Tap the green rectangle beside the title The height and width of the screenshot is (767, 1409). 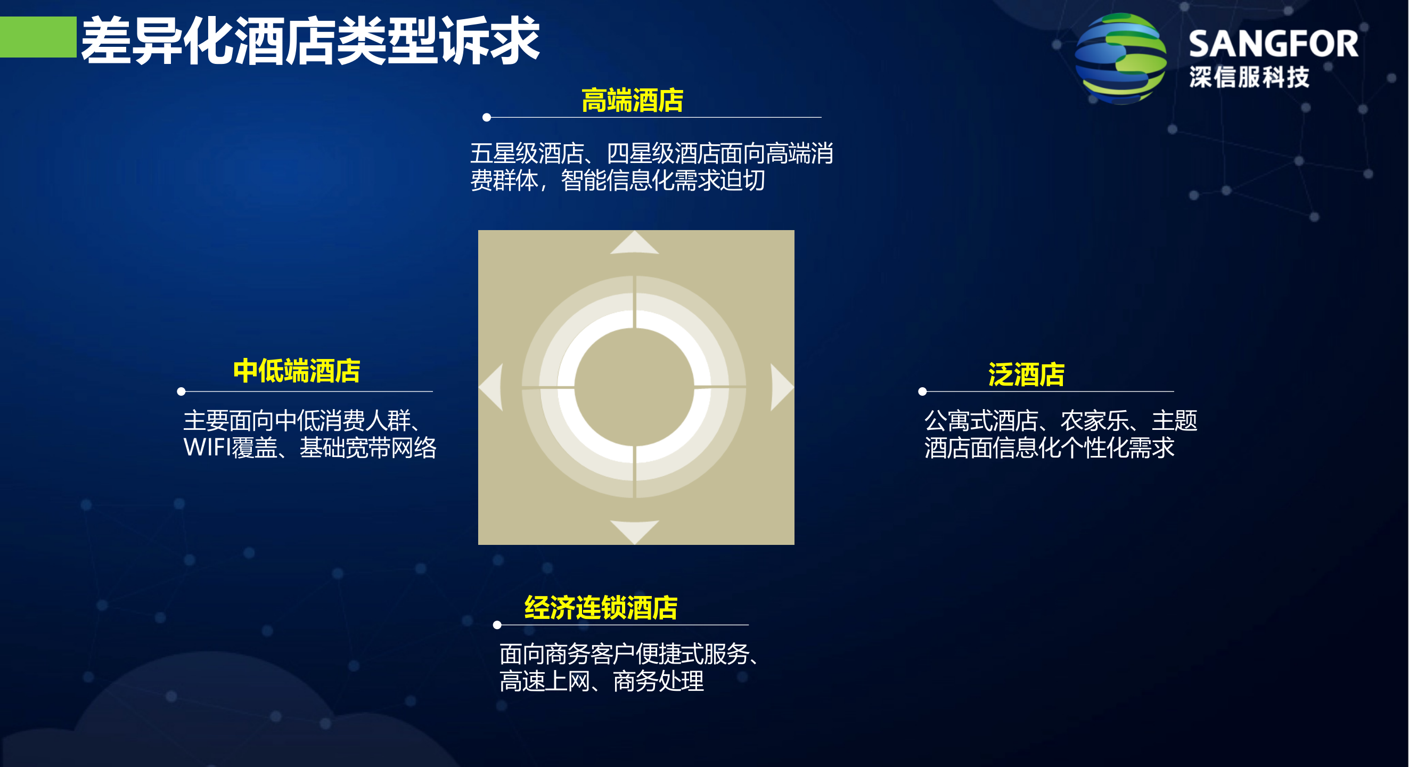click(x=38, y=37)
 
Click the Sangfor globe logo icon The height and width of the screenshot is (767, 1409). click(x=1120, y=59)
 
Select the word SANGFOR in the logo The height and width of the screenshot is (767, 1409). click(x=1273, y=44)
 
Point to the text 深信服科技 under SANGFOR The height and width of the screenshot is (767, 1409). click(x=1249, y=77)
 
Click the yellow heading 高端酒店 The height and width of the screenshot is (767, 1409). click(x=632, y=101)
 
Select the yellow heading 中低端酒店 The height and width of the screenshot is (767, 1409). click(x=297, y=371)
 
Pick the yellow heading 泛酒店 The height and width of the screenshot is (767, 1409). click(x=1026, y=375)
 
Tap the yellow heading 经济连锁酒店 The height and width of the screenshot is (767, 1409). click(x=601, y=608)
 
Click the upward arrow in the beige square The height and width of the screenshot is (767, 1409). click(x=635, y=244)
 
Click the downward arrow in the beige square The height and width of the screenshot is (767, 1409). click(x=635, y=531)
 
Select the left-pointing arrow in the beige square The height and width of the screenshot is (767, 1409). click(x=491, y=387)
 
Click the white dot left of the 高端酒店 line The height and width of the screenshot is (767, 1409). click(x=487, y=117)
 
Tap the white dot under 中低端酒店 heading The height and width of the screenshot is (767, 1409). click(x=182, y=391)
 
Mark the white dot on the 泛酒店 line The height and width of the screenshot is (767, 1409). click(x=922, y=391)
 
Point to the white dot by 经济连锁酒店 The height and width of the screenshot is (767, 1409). click(x=497, y=625)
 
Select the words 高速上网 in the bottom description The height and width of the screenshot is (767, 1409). click(x=545, y=682)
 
